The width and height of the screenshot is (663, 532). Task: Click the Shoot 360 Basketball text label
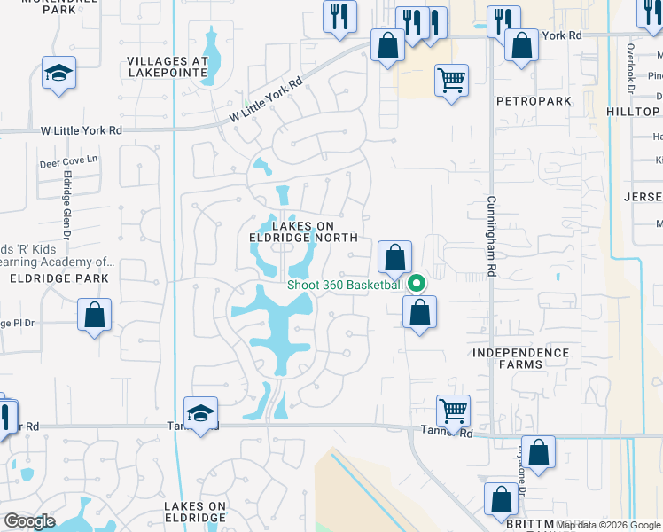pyautogui.click(x=345, y=285)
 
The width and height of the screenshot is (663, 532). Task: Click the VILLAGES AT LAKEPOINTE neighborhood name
pyautogui.click(x=167, y=68)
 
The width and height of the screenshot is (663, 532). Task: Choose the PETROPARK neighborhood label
pyautogui.click(x=534, y=101)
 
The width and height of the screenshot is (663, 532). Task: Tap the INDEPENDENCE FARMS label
pyautogui.click(x=520, y=359)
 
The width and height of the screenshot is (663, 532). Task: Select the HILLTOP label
pyautogui.click(x=634, y=112)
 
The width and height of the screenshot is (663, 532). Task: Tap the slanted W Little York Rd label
pyautogui.click(x=266, y=98)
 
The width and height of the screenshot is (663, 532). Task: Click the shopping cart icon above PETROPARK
pyautogui.click(x=451, y=80)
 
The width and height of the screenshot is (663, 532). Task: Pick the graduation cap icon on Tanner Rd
pyautogui.click(x=201, y=413)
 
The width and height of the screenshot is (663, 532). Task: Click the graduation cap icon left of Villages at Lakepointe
pyautogui.click(x=59, y=73)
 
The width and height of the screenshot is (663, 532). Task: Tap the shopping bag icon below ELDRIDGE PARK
pyautogui.click(x=95, y=315)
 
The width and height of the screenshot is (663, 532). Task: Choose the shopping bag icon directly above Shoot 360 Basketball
pyautogui.click(x=394, y=257)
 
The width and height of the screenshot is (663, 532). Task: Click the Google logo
pyautogui.click(x=28, y=521)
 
